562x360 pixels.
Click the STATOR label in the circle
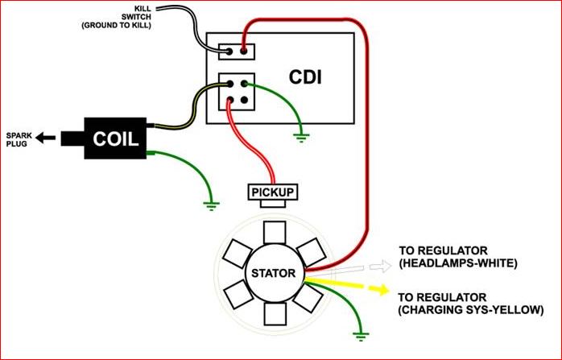tap(274, 274)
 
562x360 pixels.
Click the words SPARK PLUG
tap(19, 138)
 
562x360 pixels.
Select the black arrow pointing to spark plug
tap(48, 138)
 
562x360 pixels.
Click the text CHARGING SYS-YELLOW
tap(471, 308)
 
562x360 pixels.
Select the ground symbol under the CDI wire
tap(301, 137)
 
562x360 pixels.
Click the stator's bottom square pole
tap(274, 313)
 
